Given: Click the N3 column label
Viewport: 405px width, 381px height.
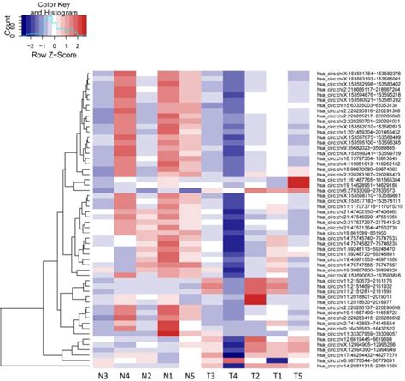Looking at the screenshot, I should (x=102, y=374).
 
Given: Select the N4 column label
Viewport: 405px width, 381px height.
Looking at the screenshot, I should (x=124, y=374).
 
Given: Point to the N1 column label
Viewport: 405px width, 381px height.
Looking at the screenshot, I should (x=167, y=374).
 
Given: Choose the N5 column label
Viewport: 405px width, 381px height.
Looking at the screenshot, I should (x=190, y=374).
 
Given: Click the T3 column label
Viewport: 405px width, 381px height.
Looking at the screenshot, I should (x=212, y=374).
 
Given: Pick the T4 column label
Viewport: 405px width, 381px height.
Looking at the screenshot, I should (x=233, y=374).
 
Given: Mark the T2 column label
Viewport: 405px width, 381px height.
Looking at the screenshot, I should (x=255, y=374).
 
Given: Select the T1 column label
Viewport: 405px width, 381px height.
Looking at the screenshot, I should (x=277, y=374).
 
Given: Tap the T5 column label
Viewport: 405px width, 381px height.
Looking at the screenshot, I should (x=299, y=374).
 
